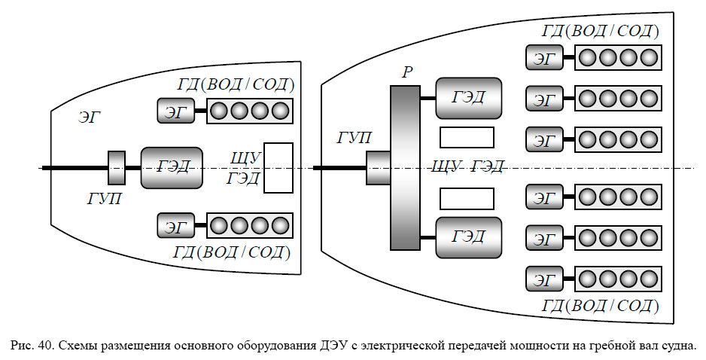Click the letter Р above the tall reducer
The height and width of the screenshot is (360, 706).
[406, 72]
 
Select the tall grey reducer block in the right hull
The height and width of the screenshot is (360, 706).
[405, 167]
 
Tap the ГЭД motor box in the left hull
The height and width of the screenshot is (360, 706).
[172, 167]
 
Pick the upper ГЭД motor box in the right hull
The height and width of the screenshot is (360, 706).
[468, 98]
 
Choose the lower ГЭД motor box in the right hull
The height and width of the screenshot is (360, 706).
[468, 237]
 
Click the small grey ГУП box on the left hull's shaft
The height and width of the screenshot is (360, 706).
[117, 167]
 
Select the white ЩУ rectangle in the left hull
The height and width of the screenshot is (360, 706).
[278, 167]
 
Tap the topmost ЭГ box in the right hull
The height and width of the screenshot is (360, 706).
[545, 58]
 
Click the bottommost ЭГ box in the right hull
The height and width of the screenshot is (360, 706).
[545, 279]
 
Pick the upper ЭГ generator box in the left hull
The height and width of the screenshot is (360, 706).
[175, 111]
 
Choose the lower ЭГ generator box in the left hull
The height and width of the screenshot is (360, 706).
[175, 224]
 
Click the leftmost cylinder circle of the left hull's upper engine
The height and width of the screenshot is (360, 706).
[219, 111]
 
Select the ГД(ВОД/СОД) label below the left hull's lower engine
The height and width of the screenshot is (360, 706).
[233, 251]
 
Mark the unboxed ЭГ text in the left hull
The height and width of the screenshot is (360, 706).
[90, 117]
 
